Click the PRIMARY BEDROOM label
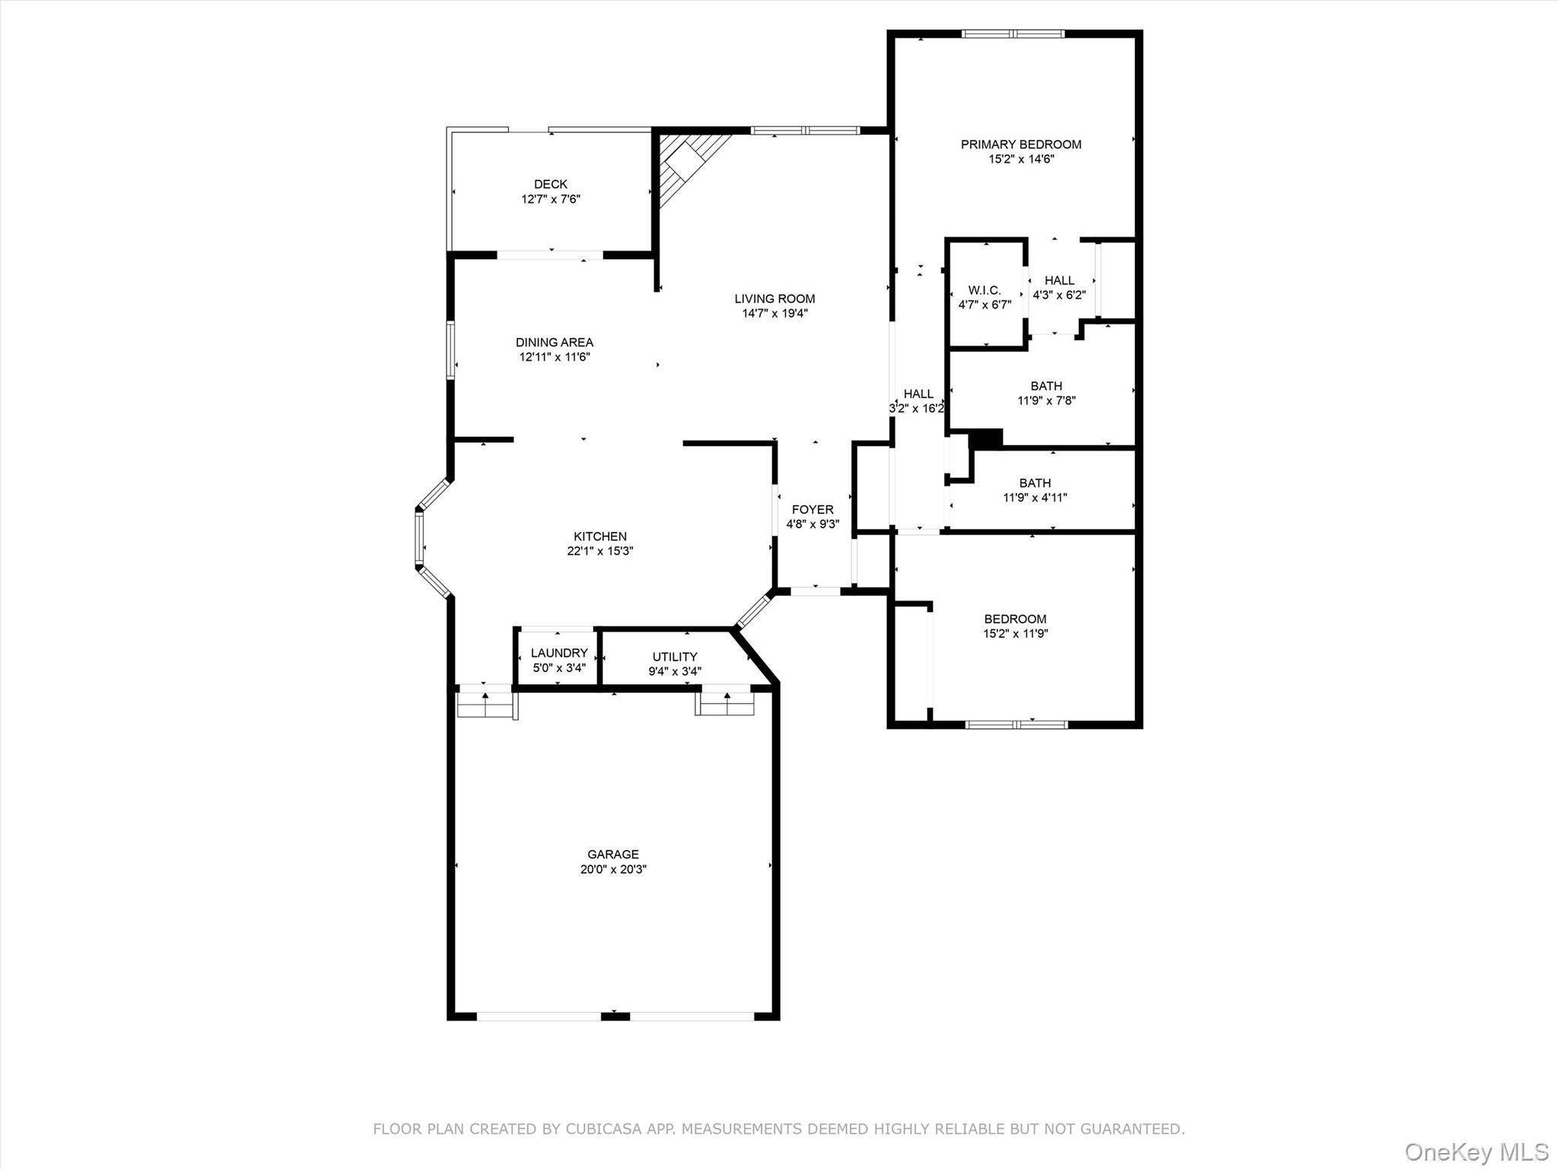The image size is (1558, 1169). click(1021, 145)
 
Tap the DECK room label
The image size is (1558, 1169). click(551, 184)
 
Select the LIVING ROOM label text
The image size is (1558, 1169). click(774, 299)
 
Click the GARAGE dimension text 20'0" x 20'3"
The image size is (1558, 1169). click(613, 869)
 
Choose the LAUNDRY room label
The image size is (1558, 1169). click(559, 653)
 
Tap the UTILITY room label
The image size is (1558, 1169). click(675, 657)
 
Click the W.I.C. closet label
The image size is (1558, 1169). click(984, 291)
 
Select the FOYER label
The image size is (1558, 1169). click(812, 510)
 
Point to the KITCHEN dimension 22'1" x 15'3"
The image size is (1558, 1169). click(600, 551)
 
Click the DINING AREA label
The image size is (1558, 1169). click(555, 342)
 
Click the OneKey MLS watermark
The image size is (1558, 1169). click(1476, 1151)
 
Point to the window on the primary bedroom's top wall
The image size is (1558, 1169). click(1013, 33)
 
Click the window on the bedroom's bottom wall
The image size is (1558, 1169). click(1016, 725)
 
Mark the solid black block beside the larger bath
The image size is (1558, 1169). click(987, 439)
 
